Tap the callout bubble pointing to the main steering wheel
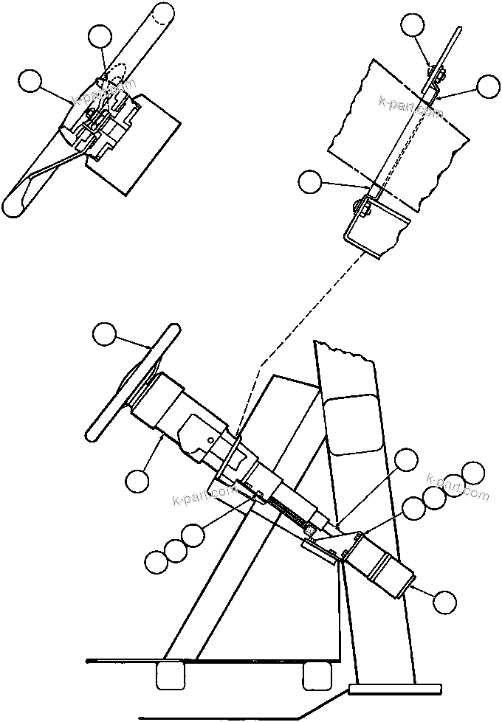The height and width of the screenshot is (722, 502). tap(105, 335)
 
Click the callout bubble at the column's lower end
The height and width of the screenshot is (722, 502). tap(444, 602)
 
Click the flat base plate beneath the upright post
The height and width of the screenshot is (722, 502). tap(395, 690)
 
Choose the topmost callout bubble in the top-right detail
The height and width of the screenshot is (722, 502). tap(413, 26)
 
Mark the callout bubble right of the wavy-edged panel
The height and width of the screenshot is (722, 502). tap(488, 86)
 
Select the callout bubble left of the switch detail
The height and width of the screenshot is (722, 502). tap(31, 81)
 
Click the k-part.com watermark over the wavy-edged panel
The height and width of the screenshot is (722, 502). tap(410, 107)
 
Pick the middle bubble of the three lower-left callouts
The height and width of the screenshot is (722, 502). tap(175, 549)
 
